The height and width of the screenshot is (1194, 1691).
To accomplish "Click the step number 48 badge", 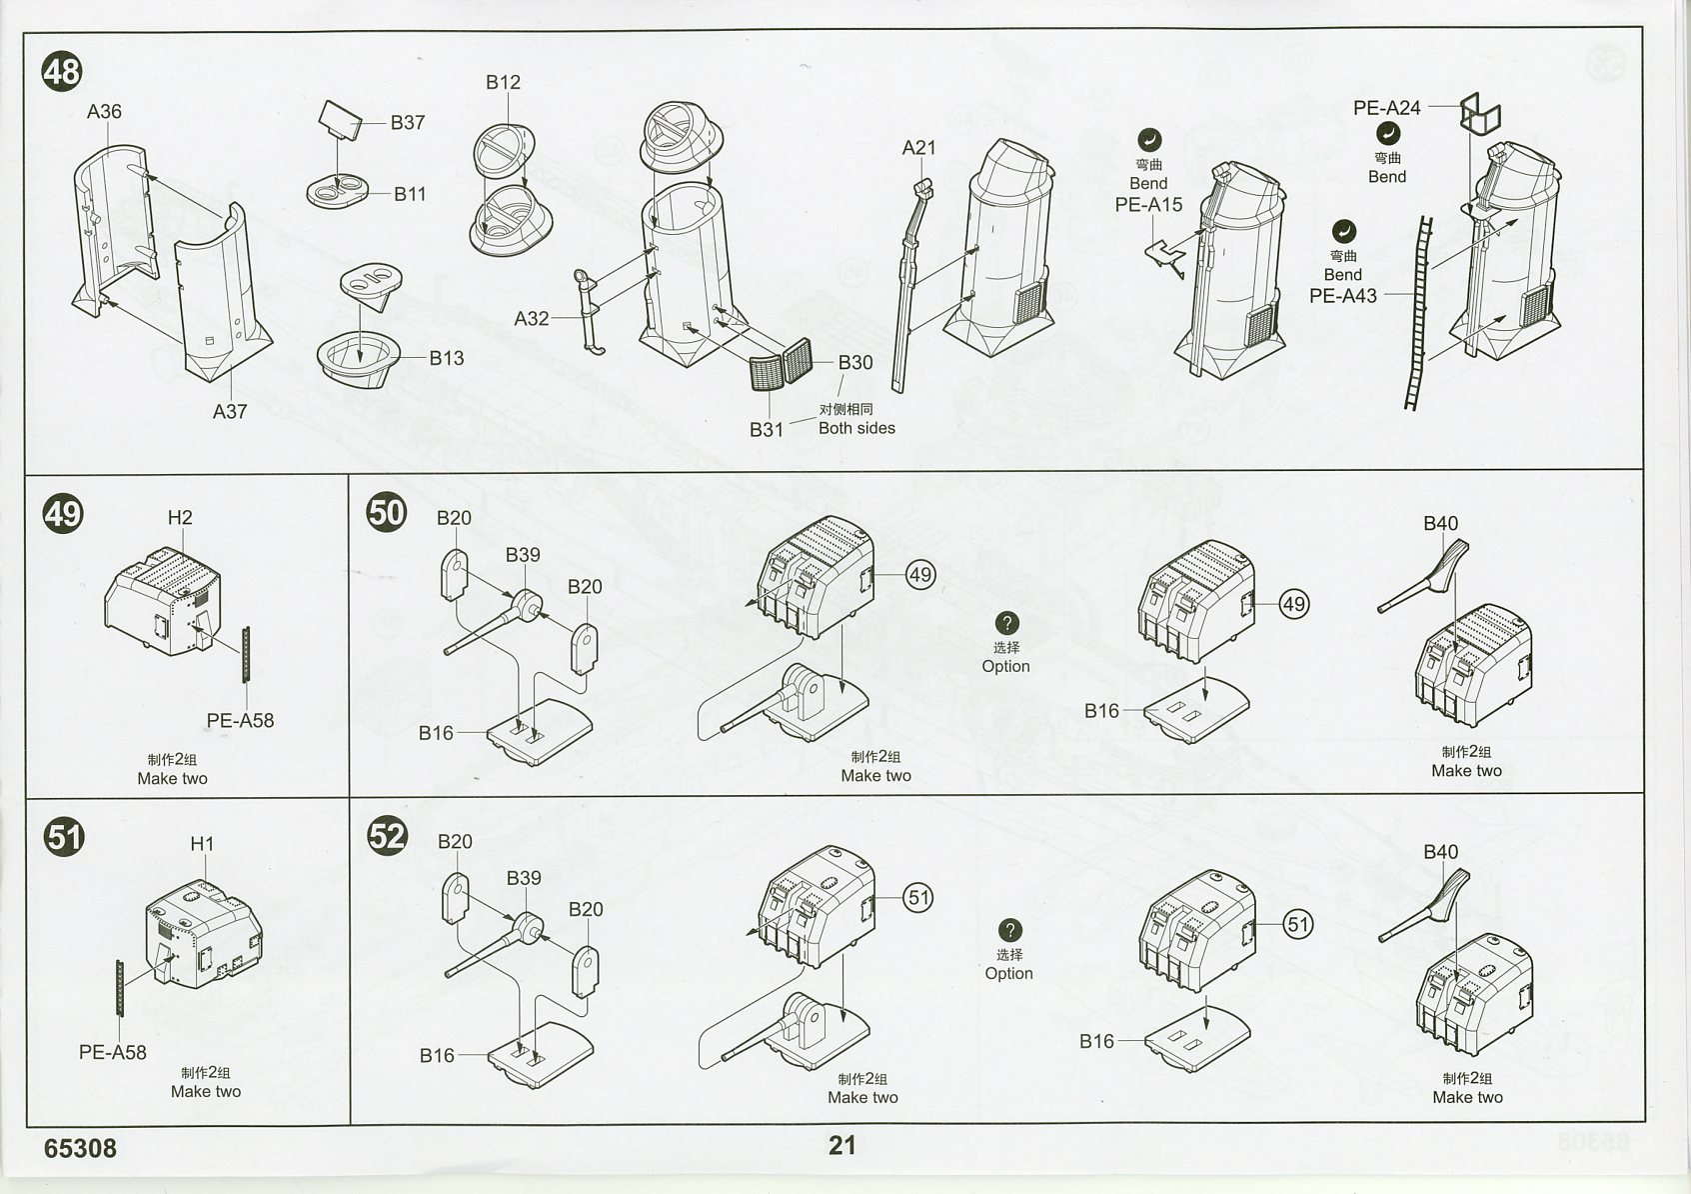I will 62,72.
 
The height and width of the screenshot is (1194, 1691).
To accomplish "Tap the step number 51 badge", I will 64,835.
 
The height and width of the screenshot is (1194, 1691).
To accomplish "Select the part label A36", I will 104,111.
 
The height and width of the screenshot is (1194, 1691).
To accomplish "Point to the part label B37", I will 408,122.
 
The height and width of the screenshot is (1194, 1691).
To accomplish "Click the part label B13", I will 447,357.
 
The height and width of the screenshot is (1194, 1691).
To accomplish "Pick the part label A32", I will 532,318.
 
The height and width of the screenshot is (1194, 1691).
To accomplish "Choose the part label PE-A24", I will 1386,107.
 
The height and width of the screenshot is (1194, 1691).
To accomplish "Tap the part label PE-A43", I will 1343,296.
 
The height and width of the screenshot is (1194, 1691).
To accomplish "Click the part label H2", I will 180,517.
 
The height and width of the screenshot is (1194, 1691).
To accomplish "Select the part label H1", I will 202,843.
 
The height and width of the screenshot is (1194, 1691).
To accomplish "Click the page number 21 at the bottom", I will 842,1145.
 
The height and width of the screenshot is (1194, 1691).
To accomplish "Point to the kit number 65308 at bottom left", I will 80,1148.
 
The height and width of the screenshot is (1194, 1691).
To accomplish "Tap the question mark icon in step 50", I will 1007,623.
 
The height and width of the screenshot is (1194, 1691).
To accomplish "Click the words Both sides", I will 856,428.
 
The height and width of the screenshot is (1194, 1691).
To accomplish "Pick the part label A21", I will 918,147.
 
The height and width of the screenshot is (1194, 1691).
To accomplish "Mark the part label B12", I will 503,82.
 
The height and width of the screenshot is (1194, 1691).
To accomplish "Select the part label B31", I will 767,429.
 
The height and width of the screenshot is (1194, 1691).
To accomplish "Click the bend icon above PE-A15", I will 1148,139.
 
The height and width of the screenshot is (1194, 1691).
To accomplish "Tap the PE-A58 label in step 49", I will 240,720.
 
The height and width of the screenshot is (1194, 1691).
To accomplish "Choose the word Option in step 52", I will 1008,973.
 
